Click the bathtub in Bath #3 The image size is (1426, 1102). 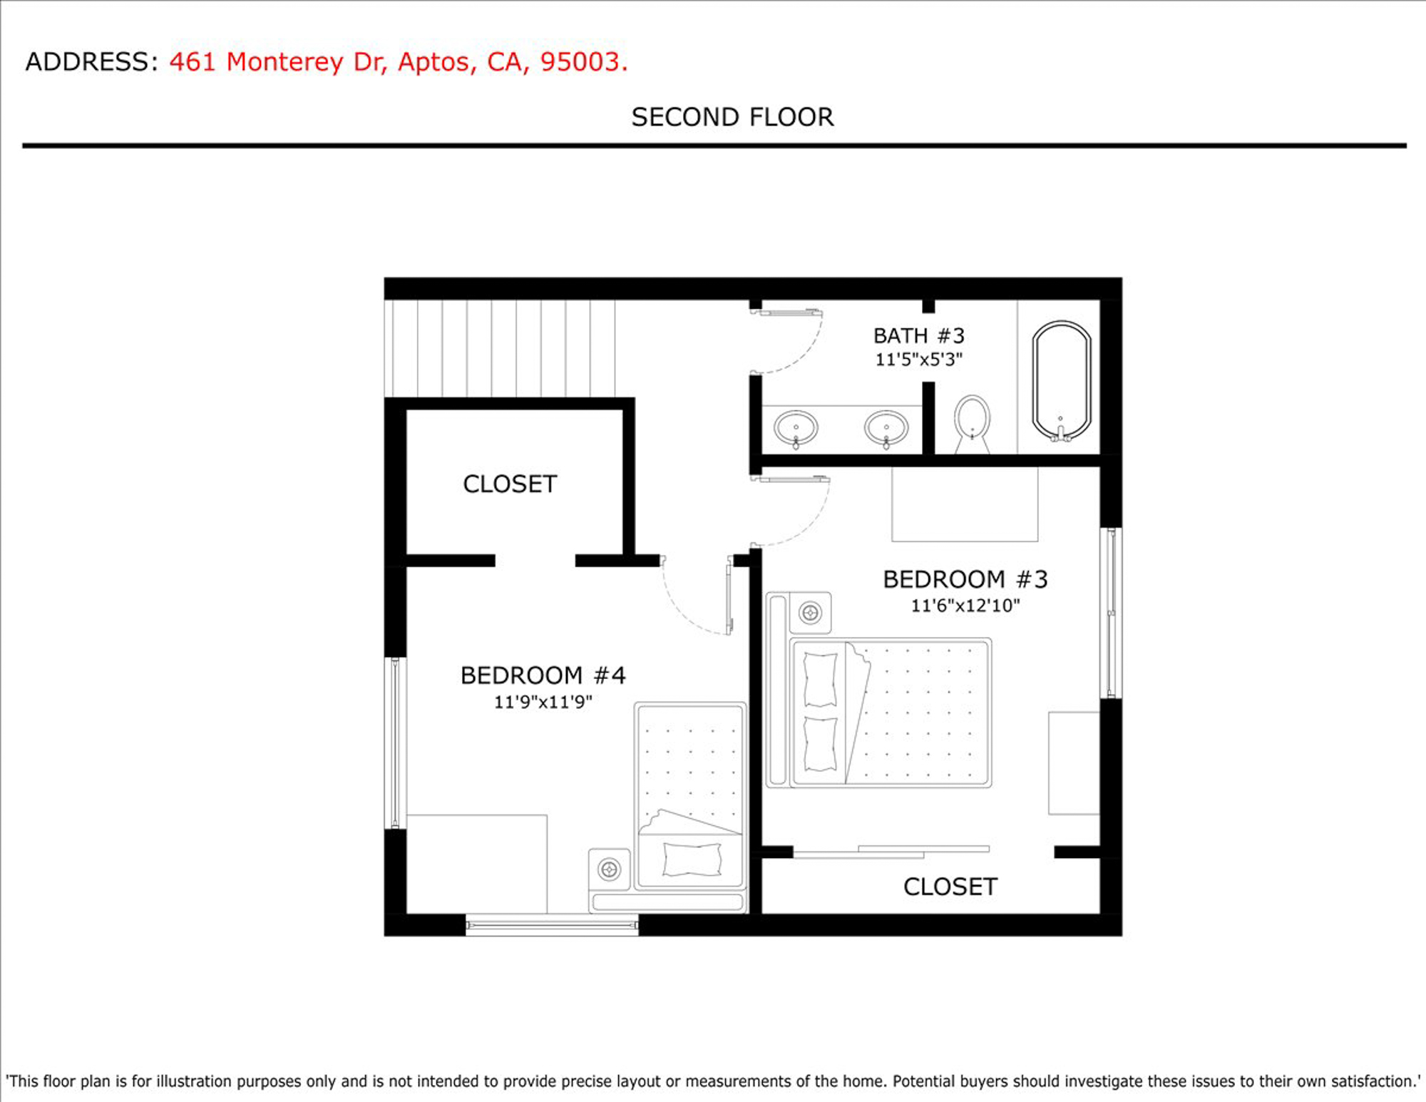click(x=1062, y=381)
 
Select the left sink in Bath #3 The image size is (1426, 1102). click(x=796, y=429)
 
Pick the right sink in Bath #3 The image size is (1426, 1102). click(x=886, y=429)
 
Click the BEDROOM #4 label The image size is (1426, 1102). click(x=543, y=675)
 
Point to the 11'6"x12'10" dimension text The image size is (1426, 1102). click(x=965, y=606)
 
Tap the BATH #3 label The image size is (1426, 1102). click(x=919, y=335)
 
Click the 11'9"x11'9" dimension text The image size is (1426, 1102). click(x=543, y=702)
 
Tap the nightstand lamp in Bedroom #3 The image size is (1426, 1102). click(x=810, y=613)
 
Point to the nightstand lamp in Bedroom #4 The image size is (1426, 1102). click(x=609, y=869)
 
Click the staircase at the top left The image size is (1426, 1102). click(x=500, y=348)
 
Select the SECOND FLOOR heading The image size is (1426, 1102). click(x=732, y=117)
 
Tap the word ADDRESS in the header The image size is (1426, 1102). click(x=87, y=62)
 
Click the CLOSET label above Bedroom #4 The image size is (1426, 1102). click(x=510, y=484)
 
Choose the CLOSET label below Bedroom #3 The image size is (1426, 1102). click(x=950, y=887)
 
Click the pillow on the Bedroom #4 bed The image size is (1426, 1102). click(x=692, y=859)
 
